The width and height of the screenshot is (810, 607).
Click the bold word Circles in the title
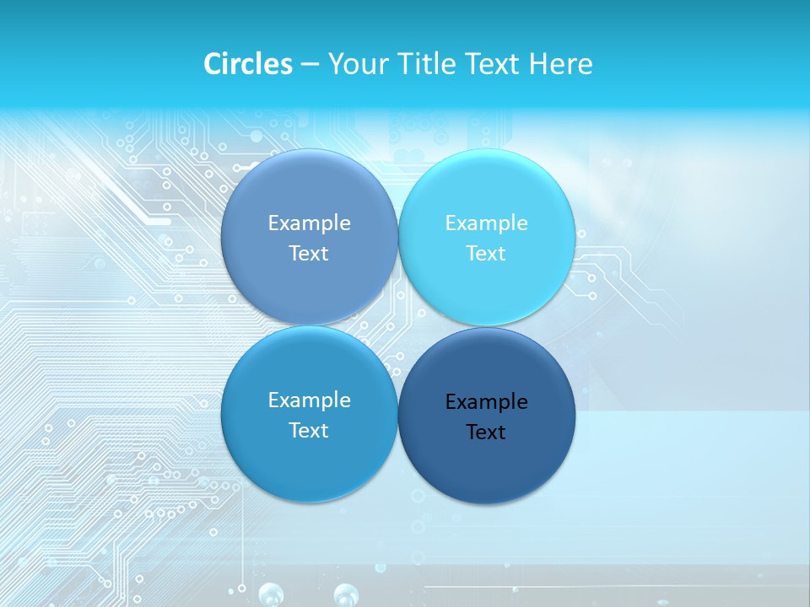pos(248,64)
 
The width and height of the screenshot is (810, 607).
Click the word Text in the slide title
pos(492,64)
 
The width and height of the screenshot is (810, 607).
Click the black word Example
pos(486,402)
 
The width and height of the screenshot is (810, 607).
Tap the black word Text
pos(486,432)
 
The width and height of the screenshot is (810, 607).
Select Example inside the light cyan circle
pos(486,223)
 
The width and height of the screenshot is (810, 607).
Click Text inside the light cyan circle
pos(486,254)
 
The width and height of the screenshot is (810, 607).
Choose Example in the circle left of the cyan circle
pos(309,223)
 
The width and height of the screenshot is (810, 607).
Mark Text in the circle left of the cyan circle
pos(309,254)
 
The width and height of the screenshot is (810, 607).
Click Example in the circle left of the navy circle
pos(309,400)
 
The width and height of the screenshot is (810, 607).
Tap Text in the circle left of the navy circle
pos(309,431)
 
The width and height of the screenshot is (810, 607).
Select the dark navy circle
pos(487,472)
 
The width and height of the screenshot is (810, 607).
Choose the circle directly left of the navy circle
pos(309,468)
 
